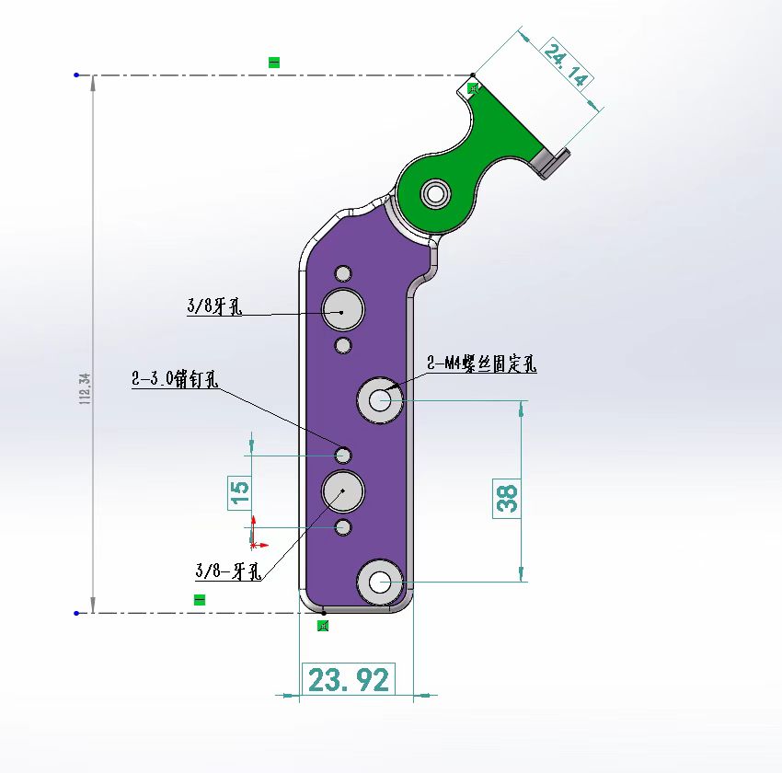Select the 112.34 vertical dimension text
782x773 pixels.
point(86,389)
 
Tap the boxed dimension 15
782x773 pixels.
point(239,491)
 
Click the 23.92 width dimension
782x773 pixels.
point(348,680)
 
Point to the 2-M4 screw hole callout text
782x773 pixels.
point(481,364)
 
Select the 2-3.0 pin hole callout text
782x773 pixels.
point(174,378)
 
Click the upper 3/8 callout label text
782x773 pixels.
point(213,307)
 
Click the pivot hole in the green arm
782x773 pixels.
point(434,193)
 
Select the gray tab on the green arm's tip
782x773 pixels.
point(550,163)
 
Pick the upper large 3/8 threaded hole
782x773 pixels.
point(342,308)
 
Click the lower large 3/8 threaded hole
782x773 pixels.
point(343,490)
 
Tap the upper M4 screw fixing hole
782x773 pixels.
point(379,399)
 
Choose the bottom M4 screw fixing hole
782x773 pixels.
point(379,581)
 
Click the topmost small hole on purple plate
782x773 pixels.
point(343,273)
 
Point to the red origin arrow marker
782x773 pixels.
point(255,544)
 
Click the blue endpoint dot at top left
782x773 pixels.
point(76,75)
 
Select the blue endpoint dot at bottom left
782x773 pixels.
point(76,612)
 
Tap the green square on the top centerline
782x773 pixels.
point(273,63)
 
